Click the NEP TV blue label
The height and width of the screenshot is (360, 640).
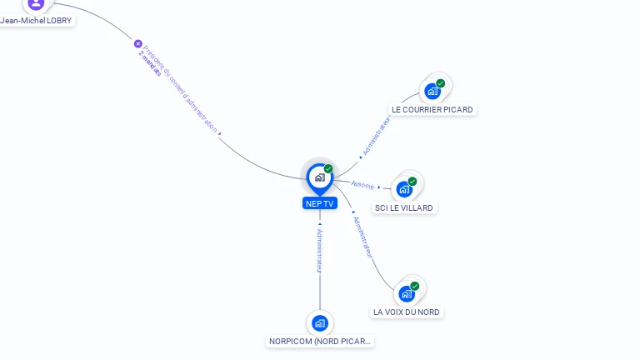pos(320,203)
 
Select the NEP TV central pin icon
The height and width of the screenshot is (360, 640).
pos(319,177)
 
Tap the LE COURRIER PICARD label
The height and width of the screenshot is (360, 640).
pos(432,110)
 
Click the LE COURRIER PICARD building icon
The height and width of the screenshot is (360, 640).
pos(432,91)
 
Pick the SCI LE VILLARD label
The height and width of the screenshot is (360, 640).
pos(404,207)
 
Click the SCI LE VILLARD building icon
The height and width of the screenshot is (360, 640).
pos(404,189)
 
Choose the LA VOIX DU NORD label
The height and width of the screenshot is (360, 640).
pos(407,312)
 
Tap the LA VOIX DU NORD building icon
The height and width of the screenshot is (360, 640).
pos(407,293)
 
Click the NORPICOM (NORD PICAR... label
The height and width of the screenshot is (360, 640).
pos(321,341)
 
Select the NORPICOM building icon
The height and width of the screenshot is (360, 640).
pos(320,322)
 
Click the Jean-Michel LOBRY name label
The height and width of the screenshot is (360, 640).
pos(37,21)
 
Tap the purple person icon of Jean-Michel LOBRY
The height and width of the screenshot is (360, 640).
pos(36,3)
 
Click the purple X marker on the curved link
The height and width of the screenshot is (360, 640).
pos(138,43)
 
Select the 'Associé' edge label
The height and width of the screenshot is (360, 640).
pos(362,184)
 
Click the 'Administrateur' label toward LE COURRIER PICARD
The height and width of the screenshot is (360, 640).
pos(376,136)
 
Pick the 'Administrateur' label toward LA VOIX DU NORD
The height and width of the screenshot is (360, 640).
pos(363,237)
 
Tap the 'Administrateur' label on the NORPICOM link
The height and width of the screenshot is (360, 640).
pos(319,251)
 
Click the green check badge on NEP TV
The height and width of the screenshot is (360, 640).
pos(328,169)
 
